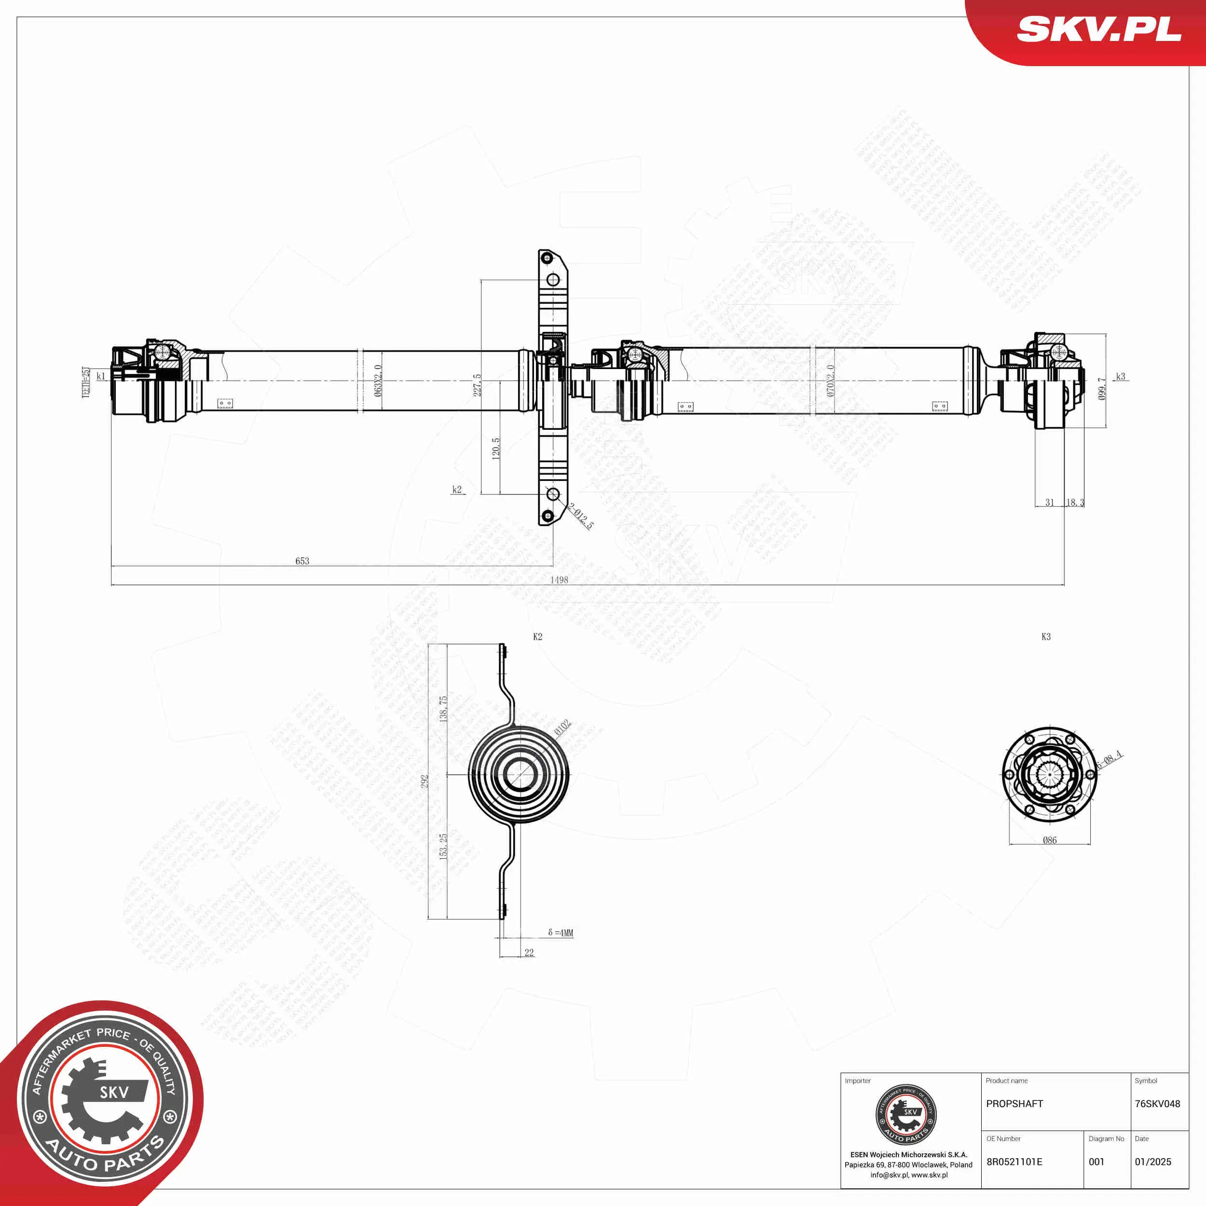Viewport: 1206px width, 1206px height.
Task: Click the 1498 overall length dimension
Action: [559, 580]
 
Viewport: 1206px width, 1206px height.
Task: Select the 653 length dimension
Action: [302, 561]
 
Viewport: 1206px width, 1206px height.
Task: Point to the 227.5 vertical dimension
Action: [478, 385]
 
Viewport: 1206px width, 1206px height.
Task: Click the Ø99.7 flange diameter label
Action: [1102, 388]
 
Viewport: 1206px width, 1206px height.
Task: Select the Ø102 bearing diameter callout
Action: [562, 727]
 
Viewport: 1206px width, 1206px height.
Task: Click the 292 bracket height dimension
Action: [425, 781]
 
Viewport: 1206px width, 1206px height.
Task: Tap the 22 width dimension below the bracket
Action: [529, 953]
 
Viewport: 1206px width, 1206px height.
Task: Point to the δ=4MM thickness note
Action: [560, 932]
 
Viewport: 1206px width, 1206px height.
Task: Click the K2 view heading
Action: [537, 637]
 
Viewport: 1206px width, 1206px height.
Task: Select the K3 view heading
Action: [1046, 637]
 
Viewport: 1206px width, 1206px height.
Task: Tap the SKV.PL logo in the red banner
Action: [1098, 30]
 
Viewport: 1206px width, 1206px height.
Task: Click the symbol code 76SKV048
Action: [1157, 1104]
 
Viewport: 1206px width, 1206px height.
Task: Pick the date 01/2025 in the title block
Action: [1153, 1162]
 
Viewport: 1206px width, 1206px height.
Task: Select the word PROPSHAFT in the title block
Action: [1014, 1104]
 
